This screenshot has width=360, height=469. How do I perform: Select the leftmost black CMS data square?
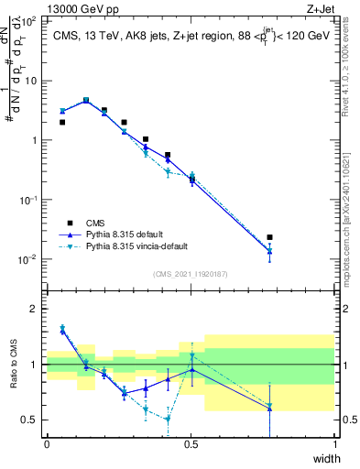(62, 122)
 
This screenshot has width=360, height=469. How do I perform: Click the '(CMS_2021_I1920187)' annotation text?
(190, 273)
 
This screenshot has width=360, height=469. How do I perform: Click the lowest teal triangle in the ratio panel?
(168, 420)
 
